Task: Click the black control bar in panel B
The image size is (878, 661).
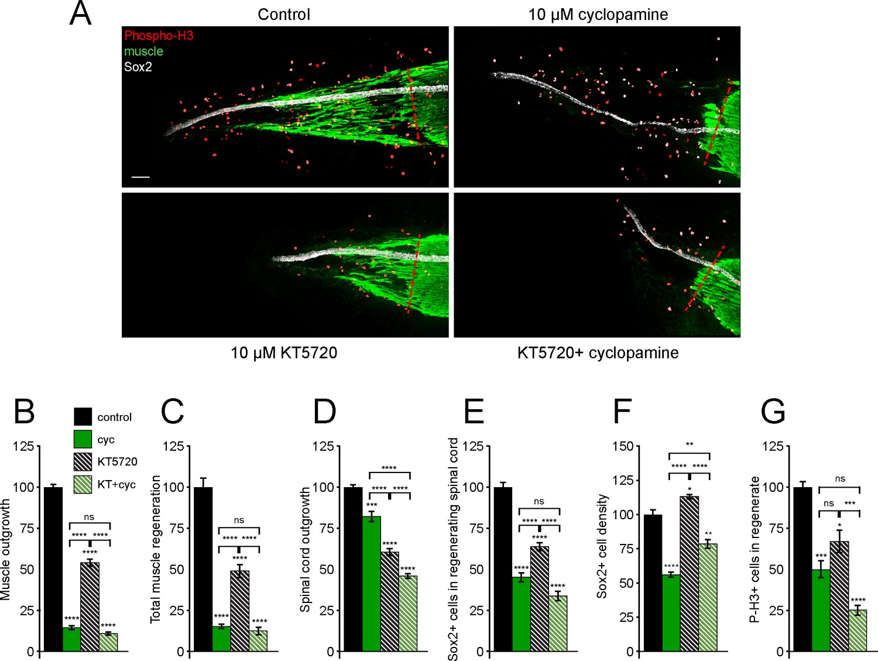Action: coord(53,568)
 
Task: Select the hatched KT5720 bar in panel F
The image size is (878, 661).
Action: coord(689,574)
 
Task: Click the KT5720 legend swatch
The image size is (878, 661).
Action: coord(83,461)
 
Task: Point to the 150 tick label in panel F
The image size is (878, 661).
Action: coord(623,446)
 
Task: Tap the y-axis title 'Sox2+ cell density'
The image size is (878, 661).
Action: coord(602,546)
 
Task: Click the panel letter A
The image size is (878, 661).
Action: coord(80,14)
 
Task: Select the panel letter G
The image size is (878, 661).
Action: coord(773,411)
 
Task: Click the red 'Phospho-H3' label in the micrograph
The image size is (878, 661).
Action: coord(159,36)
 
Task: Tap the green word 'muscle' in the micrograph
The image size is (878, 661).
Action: coord(143,52)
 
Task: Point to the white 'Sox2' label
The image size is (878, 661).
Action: coord(138,67)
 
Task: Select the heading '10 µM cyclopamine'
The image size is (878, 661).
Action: coord(598,15)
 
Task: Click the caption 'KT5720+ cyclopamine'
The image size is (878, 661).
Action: coord(598,352)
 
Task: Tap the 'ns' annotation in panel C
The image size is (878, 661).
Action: coord(239,520)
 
